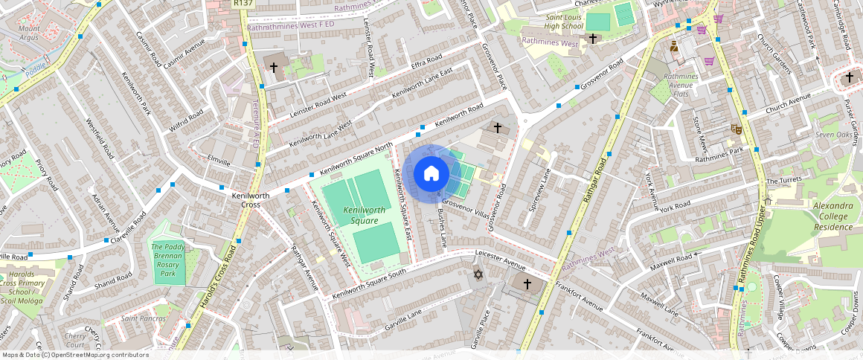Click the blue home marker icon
pyautogui.click(x=431, y=174)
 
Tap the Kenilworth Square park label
pyautogui.click(x=365, y=216)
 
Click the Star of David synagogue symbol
pyautogui.click(x=479, y=275)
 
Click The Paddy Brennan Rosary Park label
pyautogui.click(x=168, y=260)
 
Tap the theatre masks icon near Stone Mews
pyautogui.click(x=737, y=128)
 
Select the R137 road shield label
pyautogui.click(x=243, y=4)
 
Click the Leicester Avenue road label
pyautogui.click(x=500, y=263)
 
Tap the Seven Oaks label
pyautogui.click(x=833, y=135)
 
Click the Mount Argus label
pyautogui.click(x=29, y=33)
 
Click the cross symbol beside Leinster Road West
pyautogui.click(x=273, y=68)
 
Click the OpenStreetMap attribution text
pyautogui.click(x=75, y=355)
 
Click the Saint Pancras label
pyautogui.click(x=143, y=318)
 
